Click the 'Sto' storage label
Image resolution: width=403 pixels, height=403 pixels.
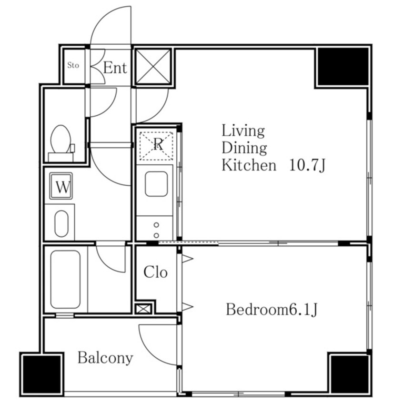[x=73, y=65]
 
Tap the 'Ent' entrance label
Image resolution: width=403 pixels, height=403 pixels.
[x=115, y=68]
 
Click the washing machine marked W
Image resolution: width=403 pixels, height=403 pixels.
[x=61, y=186]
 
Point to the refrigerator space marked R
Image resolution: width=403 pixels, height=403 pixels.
[x=156, y=146]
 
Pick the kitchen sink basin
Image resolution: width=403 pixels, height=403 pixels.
[x=156, y=184]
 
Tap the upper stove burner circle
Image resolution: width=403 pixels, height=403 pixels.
[x=156, y=225]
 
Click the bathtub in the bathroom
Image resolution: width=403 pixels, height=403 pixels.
[x=65, y=279]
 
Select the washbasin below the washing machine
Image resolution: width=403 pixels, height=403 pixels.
[x=61, y=223]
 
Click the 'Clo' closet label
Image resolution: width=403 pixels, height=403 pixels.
[x=155, y=272]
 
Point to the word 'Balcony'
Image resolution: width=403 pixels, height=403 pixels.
[x=105, y=358]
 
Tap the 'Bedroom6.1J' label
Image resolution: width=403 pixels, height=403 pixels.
[x=272, y=310]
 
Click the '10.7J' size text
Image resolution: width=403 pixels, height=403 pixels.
[x=307, y=165]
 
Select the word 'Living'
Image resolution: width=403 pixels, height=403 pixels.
[x=243, y=131]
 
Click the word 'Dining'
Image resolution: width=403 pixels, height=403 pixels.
[x=244, y=148]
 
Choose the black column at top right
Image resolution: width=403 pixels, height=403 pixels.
[x=343, y=67]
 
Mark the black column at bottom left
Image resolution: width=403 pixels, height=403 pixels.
[x=41, y=374]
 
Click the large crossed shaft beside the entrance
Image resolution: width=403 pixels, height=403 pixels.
[x=153, y=67]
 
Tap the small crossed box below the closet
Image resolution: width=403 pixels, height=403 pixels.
[x=143, y=309]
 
